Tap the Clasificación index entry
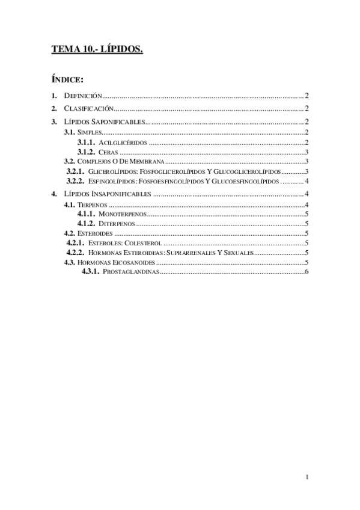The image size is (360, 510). [x=88, y=108]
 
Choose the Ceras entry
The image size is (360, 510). [x=108, y=152]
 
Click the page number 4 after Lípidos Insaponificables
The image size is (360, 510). [x=307, y=194]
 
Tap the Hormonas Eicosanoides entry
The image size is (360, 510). [x=117, y=262]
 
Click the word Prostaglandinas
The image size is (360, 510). [x=131, y=272]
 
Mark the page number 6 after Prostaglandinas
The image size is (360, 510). [x=307, y=272]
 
